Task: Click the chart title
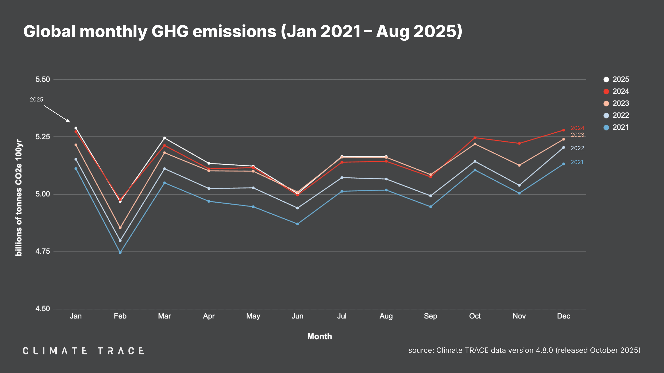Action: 243,31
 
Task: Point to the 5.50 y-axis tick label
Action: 42,79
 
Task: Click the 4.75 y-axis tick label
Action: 42,251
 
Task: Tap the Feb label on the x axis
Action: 120,316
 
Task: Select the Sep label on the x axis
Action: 430,316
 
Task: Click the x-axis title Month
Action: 319,337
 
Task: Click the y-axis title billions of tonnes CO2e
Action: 19,198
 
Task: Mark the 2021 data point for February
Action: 120,253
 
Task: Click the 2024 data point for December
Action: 564,130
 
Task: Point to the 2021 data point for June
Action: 297,224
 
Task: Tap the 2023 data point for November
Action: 519,165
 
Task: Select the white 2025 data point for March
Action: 164,138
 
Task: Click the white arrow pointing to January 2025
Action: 57,114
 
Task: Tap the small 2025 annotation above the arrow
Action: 36,100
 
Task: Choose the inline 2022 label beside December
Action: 577,148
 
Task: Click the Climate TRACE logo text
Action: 83,351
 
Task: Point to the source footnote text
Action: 524,350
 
